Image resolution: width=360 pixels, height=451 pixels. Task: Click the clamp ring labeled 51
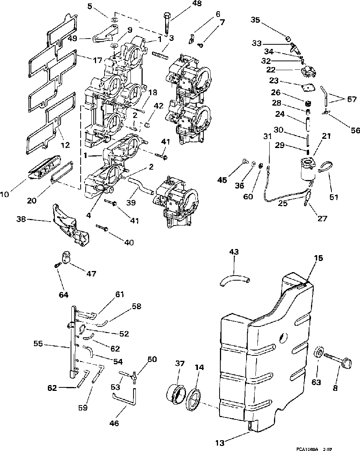click(x=325, y=167)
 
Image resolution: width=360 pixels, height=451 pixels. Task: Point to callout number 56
click(x=355, y=131)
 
